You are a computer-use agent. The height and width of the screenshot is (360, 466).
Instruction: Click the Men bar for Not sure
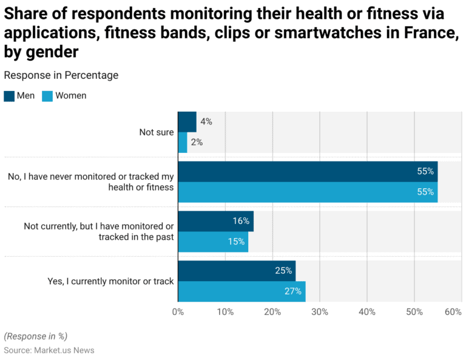click(x=187, y=121)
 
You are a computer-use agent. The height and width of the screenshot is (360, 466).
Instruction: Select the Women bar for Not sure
click(x=183, y=142)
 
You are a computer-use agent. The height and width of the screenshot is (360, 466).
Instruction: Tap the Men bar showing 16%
click(x=215, y=221)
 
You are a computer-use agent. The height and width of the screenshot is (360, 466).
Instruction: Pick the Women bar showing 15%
click(x=213, y=242)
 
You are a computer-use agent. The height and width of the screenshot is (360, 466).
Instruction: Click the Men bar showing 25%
click(x=237, y=271)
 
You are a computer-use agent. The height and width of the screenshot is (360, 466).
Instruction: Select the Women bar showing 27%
click(x=241, y=291)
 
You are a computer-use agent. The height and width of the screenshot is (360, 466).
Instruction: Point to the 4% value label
click(x=206, y=121)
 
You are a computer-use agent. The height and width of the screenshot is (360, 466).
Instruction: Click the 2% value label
click(x=197, y=142)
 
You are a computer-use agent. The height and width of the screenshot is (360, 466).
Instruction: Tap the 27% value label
click(x=292, y=291)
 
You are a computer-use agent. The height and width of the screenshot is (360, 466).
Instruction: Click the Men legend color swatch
click(x=9, y=96)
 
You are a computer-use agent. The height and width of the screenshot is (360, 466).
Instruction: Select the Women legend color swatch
click(x=47, y=96)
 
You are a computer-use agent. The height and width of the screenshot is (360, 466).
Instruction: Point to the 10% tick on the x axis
click(x=225, y=312)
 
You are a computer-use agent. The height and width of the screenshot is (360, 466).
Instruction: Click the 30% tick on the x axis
click(x=320, y=312)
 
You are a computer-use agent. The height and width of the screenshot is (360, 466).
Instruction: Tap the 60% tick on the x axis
click(x=453, y=312)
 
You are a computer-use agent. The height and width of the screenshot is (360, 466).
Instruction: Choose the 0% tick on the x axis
click(x=178, y=312)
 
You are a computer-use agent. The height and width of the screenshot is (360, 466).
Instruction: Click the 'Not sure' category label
click(x=157, y=132)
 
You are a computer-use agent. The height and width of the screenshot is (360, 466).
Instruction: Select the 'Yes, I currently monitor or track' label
click(x=110, y=281)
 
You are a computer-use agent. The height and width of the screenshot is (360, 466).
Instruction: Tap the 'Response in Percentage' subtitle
click(x=61, y=75)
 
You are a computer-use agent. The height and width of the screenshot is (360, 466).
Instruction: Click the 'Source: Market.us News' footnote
click(x=49, y=350)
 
